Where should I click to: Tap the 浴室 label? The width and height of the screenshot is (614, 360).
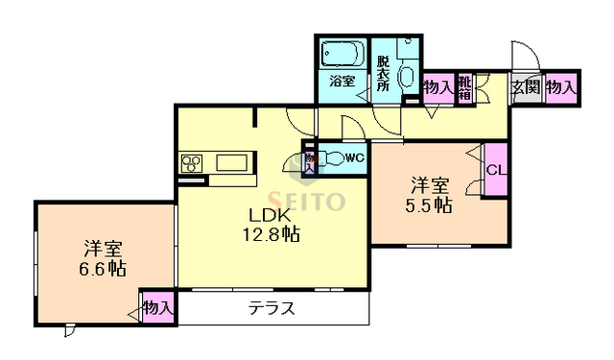tap(342, 81)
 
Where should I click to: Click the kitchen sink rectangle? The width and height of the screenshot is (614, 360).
tap(232, 162)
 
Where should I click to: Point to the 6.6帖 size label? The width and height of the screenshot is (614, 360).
tap(103, 269)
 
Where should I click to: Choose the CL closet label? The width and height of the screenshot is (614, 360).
tap(496, 171)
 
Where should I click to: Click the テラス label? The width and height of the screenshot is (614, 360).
tap(271, 309)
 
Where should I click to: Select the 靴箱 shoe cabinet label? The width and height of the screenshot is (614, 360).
tap(465, 87)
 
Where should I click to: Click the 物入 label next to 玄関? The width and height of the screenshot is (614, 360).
tap(562, 86)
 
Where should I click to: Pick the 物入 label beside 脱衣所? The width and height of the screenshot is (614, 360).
tap(438, 87)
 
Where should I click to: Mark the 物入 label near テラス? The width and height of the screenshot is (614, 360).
tap(157, 307)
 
